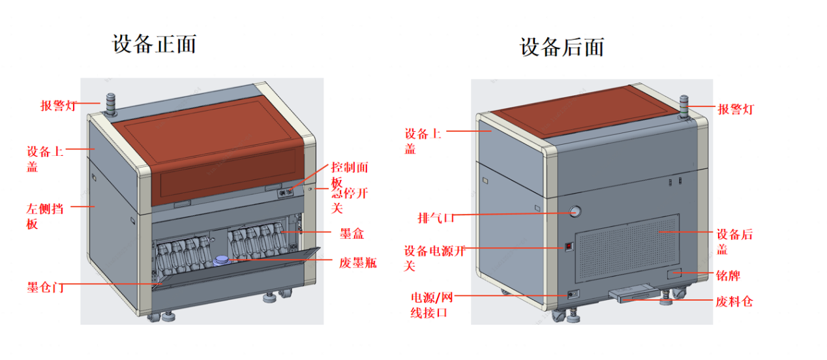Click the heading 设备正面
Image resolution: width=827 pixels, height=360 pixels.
coord(155,44)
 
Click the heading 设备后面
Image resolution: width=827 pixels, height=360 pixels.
coord(562,47)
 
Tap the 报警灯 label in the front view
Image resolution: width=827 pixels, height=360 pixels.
coord(60,106)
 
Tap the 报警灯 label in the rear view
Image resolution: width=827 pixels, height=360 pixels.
coord(736,109)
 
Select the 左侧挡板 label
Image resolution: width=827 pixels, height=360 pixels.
coord(45,217)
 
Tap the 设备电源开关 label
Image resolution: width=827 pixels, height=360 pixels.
coord(434,258)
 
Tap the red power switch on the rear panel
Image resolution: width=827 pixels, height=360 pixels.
coord(569,247)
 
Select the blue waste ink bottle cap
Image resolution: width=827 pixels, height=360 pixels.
coord(222,260)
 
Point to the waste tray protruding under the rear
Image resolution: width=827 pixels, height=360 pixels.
coord(635,295)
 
